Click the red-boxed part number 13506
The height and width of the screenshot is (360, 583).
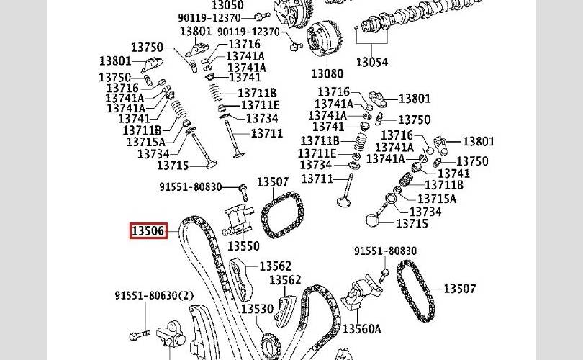[148, 231]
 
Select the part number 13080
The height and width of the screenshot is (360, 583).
[327, 73]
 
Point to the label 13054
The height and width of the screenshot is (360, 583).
[371, 63]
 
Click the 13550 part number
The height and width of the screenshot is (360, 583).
[243, 246]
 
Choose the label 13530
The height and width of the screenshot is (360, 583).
[257, 309]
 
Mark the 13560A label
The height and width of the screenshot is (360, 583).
[361, 329]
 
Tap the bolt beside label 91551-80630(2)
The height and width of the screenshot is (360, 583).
[140, 334]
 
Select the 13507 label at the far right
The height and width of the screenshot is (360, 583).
[459, 289]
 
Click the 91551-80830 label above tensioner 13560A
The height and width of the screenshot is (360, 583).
[385, 251]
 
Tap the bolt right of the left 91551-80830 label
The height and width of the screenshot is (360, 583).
[243, 190]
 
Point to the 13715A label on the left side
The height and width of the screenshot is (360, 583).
[146, 142]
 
